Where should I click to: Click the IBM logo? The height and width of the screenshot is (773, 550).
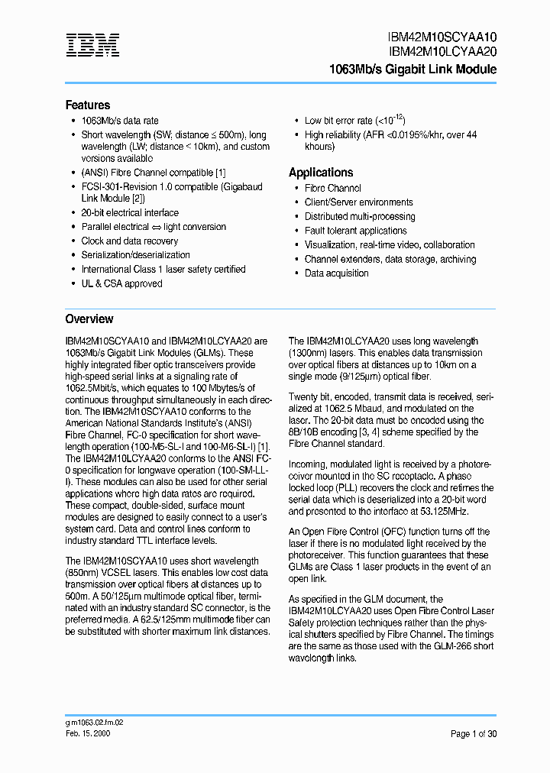92,46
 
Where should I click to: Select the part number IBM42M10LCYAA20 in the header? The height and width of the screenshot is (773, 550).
443,52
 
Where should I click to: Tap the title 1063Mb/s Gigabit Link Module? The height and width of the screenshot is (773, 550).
412,70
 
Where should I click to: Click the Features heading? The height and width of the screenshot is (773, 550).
88,105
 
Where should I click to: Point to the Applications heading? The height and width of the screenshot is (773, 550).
321,173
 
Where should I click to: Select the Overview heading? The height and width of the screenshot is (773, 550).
89,319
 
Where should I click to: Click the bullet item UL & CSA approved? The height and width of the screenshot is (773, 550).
121,283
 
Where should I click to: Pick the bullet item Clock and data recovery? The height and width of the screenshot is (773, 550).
130,241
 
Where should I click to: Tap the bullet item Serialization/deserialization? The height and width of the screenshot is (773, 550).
136,255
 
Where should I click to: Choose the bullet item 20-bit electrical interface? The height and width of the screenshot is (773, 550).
130,212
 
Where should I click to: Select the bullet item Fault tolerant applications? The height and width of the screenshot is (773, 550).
355,231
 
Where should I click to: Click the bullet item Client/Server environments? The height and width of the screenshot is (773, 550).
358,202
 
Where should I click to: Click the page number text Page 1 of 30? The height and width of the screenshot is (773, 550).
473,734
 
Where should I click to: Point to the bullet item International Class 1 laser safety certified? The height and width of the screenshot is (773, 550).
163,269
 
